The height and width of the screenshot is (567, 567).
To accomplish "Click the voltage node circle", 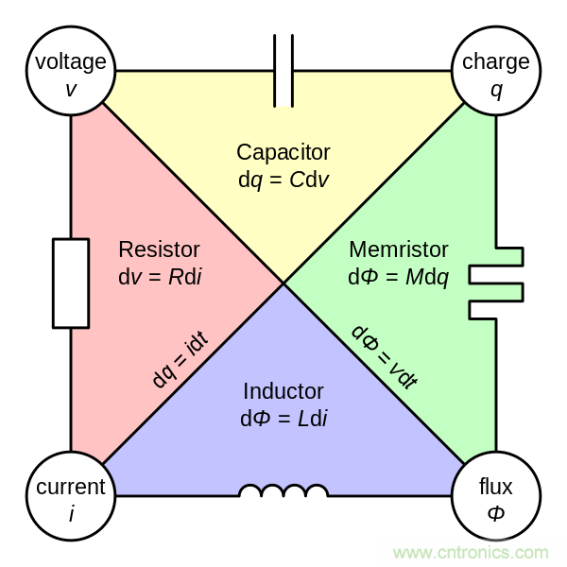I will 71,72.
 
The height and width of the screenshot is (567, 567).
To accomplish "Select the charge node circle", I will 496,72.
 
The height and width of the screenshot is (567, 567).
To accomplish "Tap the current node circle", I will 71,496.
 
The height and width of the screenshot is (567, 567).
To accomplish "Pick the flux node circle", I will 496,496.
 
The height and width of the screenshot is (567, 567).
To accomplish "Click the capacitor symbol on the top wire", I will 283,71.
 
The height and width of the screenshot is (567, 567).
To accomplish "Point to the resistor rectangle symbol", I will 71,283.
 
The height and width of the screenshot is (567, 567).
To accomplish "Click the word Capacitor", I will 283,152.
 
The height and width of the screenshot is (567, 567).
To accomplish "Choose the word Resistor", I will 159,249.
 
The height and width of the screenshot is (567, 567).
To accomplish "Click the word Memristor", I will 399,249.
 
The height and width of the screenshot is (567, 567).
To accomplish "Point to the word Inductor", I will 283,390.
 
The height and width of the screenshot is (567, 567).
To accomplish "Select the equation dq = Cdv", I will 283,178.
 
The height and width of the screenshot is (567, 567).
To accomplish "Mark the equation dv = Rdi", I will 159,276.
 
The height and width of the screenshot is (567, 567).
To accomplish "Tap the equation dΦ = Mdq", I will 399,276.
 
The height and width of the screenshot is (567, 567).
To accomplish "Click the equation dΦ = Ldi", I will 283,417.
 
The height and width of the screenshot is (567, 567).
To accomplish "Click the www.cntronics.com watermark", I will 470,552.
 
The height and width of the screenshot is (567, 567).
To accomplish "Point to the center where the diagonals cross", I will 283,283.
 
